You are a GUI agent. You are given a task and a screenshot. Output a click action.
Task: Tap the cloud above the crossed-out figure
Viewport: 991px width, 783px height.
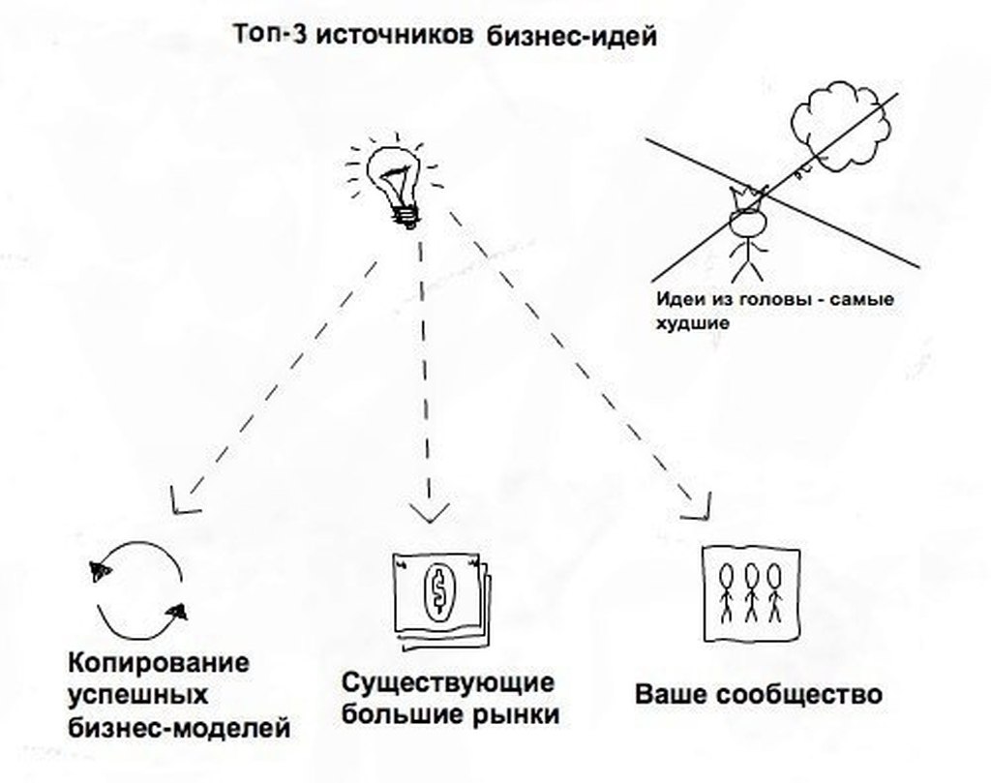tap(838, 126)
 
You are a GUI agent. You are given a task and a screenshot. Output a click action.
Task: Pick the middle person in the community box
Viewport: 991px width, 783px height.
tap(750, 591)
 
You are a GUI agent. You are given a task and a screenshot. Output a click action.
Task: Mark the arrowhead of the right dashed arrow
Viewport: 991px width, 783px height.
tap(697, 502)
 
